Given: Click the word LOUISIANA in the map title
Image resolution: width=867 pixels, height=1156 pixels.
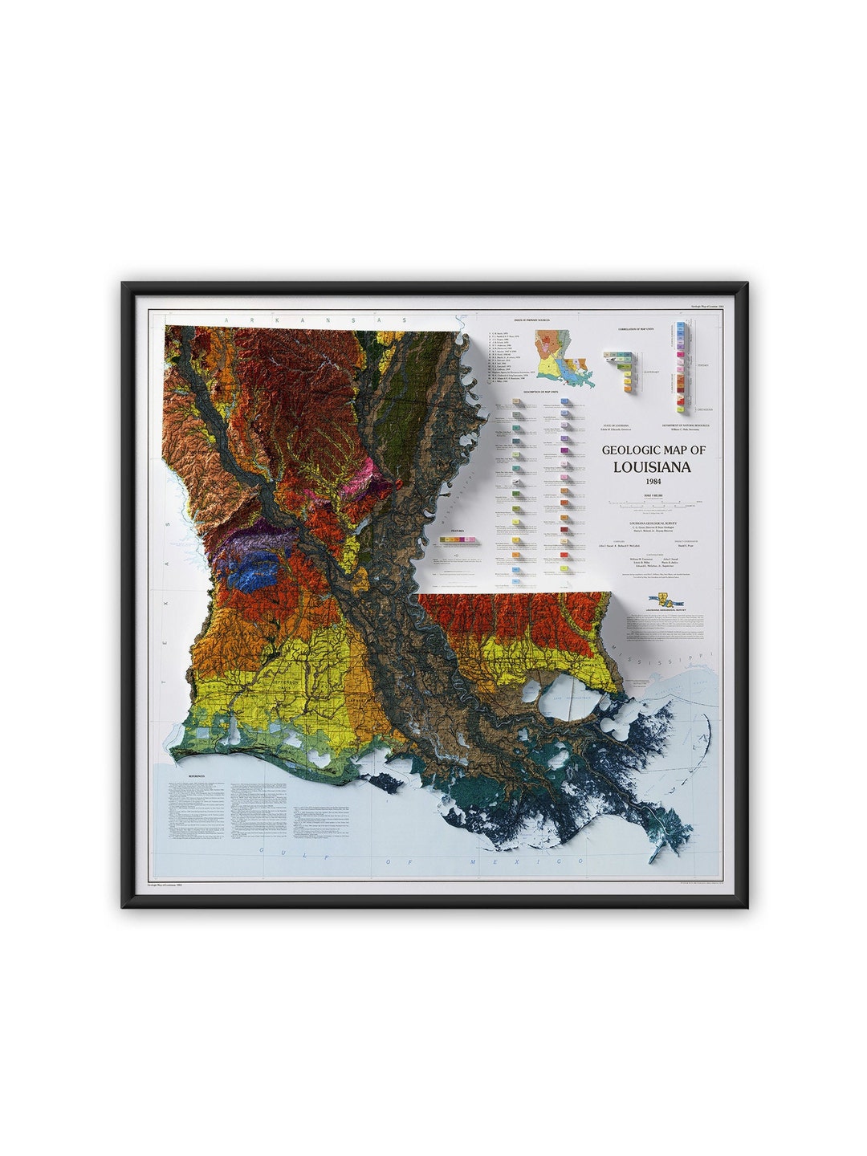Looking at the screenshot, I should click(651, 466).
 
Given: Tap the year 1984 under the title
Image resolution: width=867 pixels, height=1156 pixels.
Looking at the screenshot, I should click(651, 482).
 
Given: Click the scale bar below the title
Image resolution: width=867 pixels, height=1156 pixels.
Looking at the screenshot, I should click(651, 503).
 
